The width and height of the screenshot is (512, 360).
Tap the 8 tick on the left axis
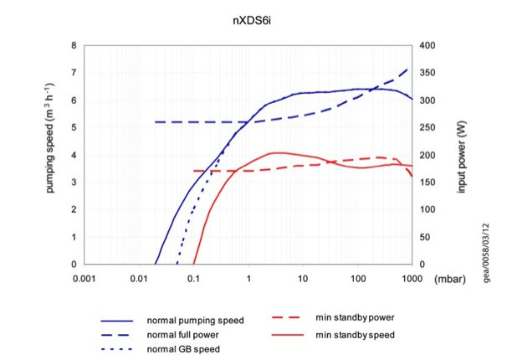pos(74,46)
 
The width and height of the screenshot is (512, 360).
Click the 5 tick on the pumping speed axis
pos(74,128)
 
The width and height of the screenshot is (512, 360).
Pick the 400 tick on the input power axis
pos(426,46)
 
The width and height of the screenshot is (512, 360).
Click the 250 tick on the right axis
pos(426,128)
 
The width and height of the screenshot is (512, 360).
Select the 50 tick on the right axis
pos(423,238)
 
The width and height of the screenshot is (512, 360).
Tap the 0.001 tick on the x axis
pos(85,279)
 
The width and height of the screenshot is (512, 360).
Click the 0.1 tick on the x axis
pos(194,279)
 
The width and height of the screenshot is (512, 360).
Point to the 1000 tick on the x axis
pos(411,279)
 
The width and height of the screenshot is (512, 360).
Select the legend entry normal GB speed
pos(183,349)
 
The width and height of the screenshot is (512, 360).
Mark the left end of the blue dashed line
pos(155,122)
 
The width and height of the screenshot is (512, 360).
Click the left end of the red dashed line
pos(194,171)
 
